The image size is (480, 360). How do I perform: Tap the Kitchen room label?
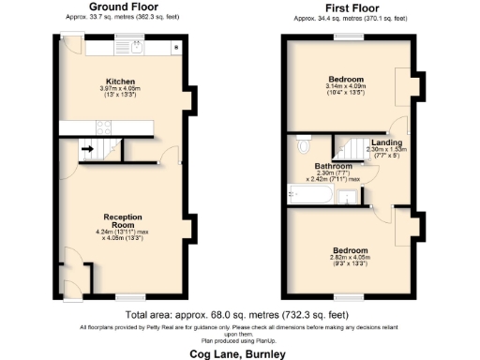tap(122, 81)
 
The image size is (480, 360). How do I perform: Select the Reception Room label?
tap(122, 220)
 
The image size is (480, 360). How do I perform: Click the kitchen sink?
tap(132, 46)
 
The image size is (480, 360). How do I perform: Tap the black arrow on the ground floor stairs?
tap(86, 148)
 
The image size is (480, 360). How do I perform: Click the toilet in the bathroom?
tap(303, 146)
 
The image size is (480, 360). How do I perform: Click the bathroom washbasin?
tap(349, 197)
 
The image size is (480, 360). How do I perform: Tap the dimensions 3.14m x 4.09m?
tap(346, 87)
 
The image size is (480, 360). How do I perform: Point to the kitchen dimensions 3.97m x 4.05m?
tap(122, 91)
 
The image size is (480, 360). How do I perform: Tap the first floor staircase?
tap(354, 148)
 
